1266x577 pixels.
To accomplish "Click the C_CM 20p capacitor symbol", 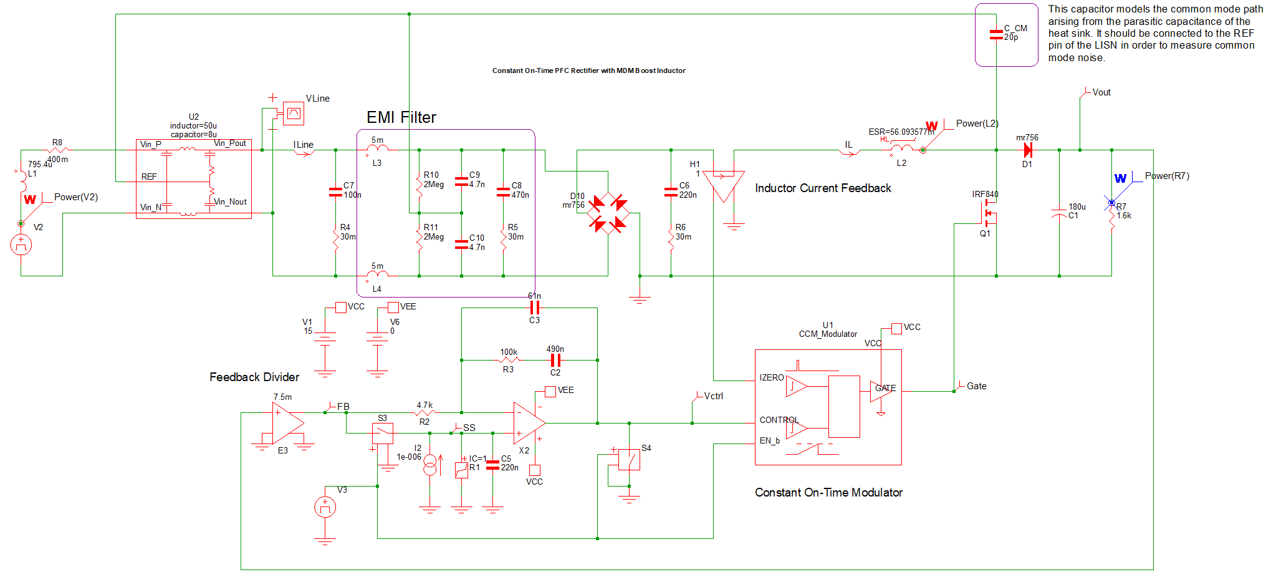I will [996, 34].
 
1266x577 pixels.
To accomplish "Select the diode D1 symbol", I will [1027, 150].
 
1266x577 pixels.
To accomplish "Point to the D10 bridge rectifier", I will [608, 213].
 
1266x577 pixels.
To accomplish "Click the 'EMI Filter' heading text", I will [401, 117].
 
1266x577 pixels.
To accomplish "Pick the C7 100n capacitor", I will [335, 192].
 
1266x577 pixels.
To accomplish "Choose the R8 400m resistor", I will [57, 150].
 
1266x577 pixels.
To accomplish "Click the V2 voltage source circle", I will [21, 245].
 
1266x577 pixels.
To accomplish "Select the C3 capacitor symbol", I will [534, 308].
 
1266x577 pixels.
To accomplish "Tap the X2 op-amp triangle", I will [528, 423].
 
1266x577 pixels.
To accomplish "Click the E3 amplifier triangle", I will [287, 423].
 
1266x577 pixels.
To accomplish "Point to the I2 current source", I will [430, 465].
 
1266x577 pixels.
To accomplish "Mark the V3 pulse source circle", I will [325, 507].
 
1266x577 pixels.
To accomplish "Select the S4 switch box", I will [629, 460].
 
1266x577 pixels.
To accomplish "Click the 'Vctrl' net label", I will [713, 396].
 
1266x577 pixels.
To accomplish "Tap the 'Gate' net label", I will [976, 386].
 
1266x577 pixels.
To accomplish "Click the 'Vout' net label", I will [1101, 92].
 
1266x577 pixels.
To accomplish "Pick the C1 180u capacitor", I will [1059, 212].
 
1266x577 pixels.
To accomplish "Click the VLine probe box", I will [293, 113].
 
